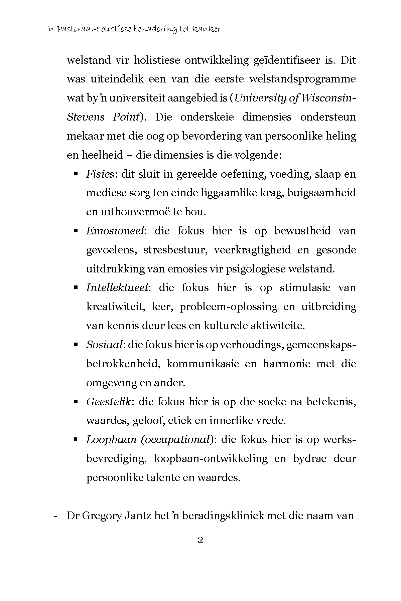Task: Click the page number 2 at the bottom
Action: click(200, 540)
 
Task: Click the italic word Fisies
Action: click(100, 174)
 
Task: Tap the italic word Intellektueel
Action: click(117, 287)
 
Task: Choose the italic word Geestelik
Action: click(108, 401)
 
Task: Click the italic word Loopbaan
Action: click(111, 439)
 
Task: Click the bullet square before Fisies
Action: click(76, 174)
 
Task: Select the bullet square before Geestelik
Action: click(76, 402)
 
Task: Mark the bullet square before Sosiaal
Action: click(76, 345)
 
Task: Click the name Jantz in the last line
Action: click(140, 516)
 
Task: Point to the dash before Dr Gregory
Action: click(55, 516)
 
